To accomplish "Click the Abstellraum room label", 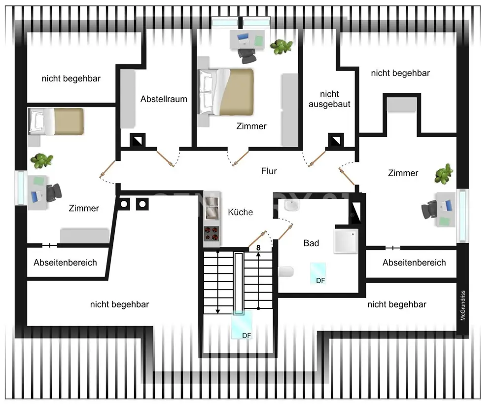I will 164,99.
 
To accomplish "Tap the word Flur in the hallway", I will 269,171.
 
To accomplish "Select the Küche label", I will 240,212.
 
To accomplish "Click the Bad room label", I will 311,243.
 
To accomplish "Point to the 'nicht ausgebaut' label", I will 329,99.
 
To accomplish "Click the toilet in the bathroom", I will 286,272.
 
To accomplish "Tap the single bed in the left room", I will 56,120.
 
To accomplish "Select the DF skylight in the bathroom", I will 318,273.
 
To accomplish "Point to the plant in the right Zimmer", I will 444,174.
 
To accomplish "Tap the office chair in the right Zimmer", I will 429,211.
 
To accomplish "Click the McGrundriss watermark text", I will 463,305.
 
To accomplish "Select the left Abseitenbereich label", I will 65,262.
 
